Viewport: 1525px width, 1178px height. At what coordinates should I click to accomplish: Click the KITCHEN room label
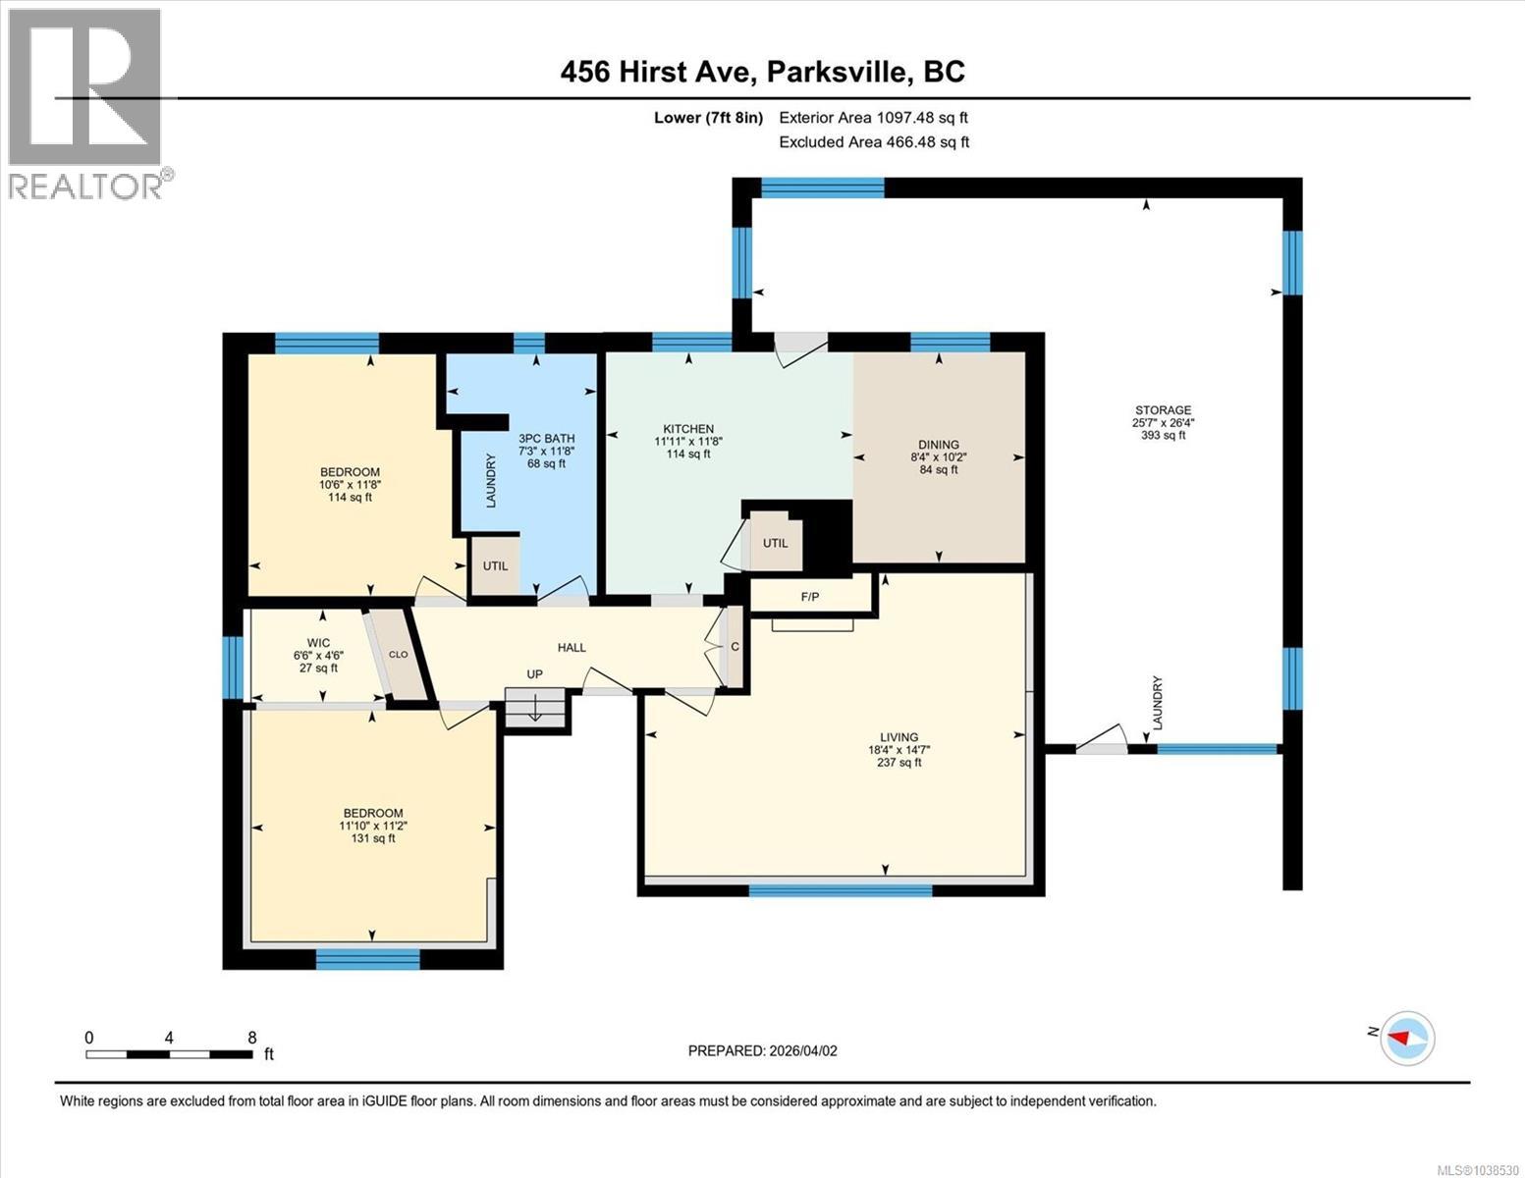[x=688, y=429]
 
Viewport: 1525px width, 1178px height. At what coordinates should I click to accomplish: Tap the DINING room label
[x=939, y=444]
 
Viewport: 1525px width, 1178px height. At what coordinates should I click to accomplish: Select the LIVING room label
[x=899, y=736]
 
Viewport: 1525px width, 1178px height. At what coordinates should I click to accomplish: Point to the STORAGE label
[x=1163, y=409]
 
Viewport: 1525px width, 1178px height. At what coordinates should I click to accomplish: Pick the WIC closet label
[x=318, y=643]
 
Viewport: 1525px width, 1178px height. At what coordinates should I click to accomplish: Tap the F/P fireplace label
[x=810, y=597]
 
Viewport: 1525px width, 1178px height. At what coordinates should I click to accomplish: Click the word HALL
[x=572, y=648]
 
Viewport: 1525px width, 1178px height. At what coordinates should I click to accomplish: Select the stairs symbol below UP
[x=535, y=708]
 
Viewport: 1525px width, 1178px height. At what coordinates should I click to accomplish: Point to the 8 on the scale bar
[x=252, y=1037]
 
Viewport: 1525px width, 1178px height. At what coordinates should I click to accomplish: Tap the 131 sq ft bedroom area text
[x=372, y=838]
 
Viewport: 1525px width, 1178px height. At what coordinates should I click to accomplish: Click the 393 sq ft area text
[x=1163, y=435]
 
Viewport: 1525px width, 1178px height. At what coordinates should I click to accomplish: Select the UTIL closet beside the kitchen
[x=775, y=543]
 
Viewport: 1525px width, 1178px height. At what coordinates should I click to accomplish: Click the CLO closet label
[x=398, y=655]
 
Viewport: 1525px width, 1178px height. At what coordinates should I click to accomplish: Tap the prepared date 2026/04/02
[x=803, y=1051]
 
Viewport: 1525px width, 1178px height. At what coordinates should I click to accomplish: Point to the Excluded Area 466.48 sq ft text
[x=874, y=141]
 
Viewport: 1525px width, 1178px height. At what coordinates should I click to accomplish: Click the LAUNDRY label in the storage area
[x=1158, y=702]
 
